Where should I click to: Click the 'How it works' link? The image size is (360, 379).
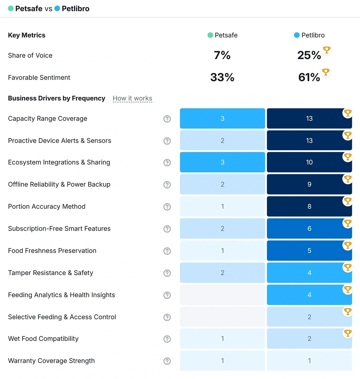coord(132,99)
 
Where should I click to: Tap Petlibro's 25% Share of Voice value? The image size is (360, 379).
coord(309,55)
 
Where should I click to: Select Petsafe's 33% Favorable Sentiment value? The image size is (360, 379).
coord(222,77)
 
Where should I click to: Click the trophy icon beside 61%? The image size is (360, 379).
coord(325,72)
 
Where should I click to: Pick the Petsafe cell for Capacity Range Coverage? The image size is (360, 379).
coord(222,119)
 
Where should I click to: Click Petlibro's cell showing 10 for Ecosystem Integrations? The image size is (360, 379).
coord(309,162)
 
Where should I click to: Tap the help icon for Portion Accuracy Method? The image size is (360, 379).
coord(167,207)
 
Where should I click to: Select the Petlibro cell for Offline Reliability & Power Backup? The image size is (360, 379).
coord(309,184)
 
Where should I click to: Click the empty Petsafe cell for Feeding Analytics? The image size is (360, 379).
coord(222,295)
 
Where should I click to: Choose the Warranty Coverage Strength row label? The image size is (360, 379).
coord(51,361)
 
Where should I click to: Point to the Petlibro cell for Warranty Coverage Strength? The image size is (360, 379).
coord(309,361)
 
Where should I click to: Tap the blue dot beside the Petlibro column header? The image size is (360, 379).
coord(297,35)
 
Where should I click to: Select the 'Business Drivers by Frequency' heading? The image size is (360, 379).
coord(56,99)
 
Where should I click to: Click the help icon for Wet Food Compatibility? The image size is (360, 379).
coord(167,339)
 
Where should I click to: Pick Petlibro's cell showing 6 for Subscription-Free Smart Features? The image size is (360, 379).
coord(309,229)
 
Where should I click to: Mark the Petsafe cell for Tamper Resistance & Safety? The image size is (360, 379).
coord(222,273)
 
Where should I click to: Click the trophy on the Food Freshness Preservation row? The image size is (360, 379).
coord(348,245)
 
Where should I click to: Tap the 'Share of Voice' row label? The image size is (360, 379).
coord(30,56)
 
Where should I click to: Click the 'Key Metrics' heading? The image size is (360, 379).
coord(27,35)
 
